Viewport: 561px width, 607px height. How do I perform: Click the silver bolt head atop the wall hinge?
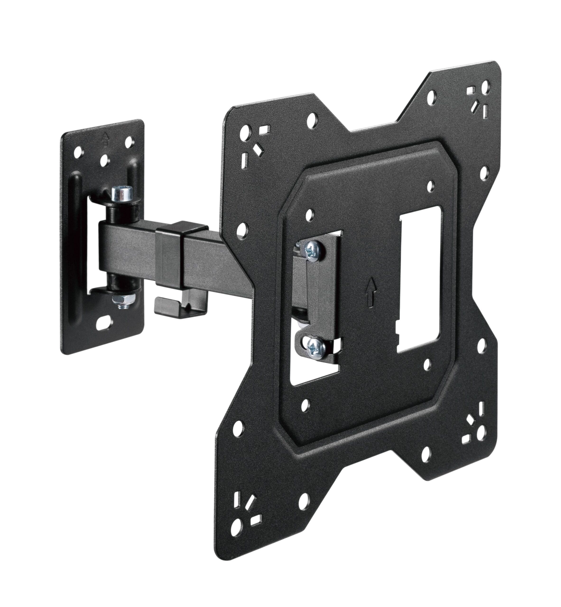(x=122, y=194)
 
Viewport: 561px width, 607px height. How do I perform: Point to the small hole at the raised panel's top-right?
(x=430, y=185)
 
